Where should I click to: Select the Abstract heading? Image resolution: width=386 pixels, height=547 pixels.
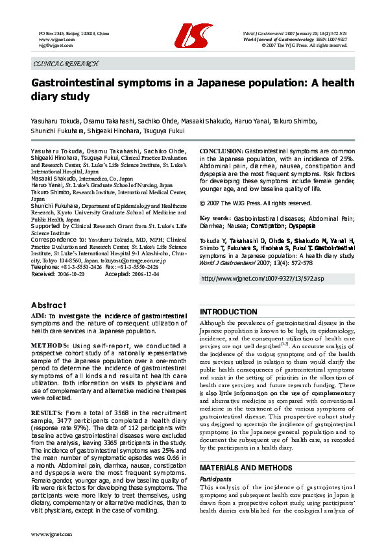tap(49, 305)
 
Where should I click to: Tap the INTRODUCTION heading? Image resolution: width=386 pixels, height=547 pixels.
tap(228, 312)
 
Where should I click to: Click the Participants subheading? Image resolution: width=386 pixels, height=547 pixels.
tap(215, 478)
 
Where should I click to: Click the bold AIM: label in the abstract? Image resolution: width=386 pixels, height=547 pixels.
tap(38, 315)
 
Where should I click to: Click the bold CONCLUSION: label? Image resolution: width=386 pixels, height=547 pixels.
tap(221, 151)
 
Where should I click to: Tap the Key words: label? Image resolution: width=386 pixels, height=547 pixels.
tap(215, 218)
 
